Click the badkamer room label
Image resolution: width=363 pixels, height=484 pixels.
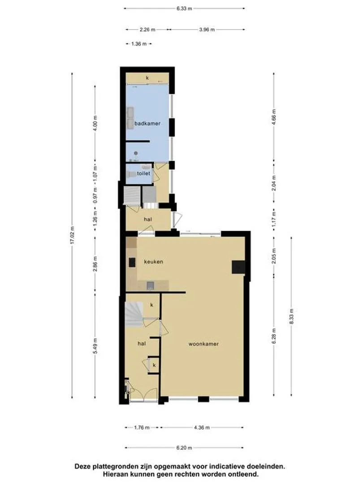(147, 124)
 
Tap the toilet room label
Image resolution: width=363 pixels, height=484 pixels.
(143, 173)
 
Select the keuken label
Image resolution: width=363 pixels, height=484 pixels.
(153, 262)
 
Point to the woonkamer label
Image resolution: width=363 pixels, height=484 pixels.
(203, 344)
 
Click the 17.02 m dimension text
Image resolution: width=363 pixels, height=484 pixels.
(73, 236)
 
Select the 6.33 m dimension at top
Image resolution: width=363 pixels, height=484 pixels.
(184, 9)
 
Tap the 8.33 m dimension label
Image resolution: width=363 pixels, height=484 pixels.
(291, 316)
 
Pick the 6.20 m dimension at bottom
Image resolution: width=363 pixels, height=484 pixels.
(184, 448)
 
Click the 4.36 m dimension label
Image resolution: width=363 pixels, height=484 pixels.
(202, 428)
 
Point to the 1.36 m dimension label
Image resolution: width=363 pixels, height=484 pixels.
(139, 44)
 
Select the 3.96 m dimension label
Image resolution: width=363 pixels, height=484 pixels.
(207, 30)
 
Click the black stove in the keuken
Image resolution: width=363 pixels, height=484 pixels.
(132, 262)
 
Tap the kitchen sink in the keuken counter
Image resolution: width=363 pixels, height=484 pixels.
(150, 285)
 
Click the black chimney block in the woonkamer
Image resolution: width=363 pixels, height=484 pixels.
(238, 267)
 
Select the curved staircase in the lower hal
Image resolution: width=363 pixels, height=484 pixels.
(134, 314)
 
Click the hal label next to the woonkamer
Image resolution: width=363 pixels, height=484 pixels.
(142, 343)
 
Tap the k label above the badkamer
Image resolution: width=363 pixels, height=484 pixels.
(147, 78)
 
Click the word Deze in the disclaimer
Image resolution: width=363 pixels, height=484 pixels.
(83, 466)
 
